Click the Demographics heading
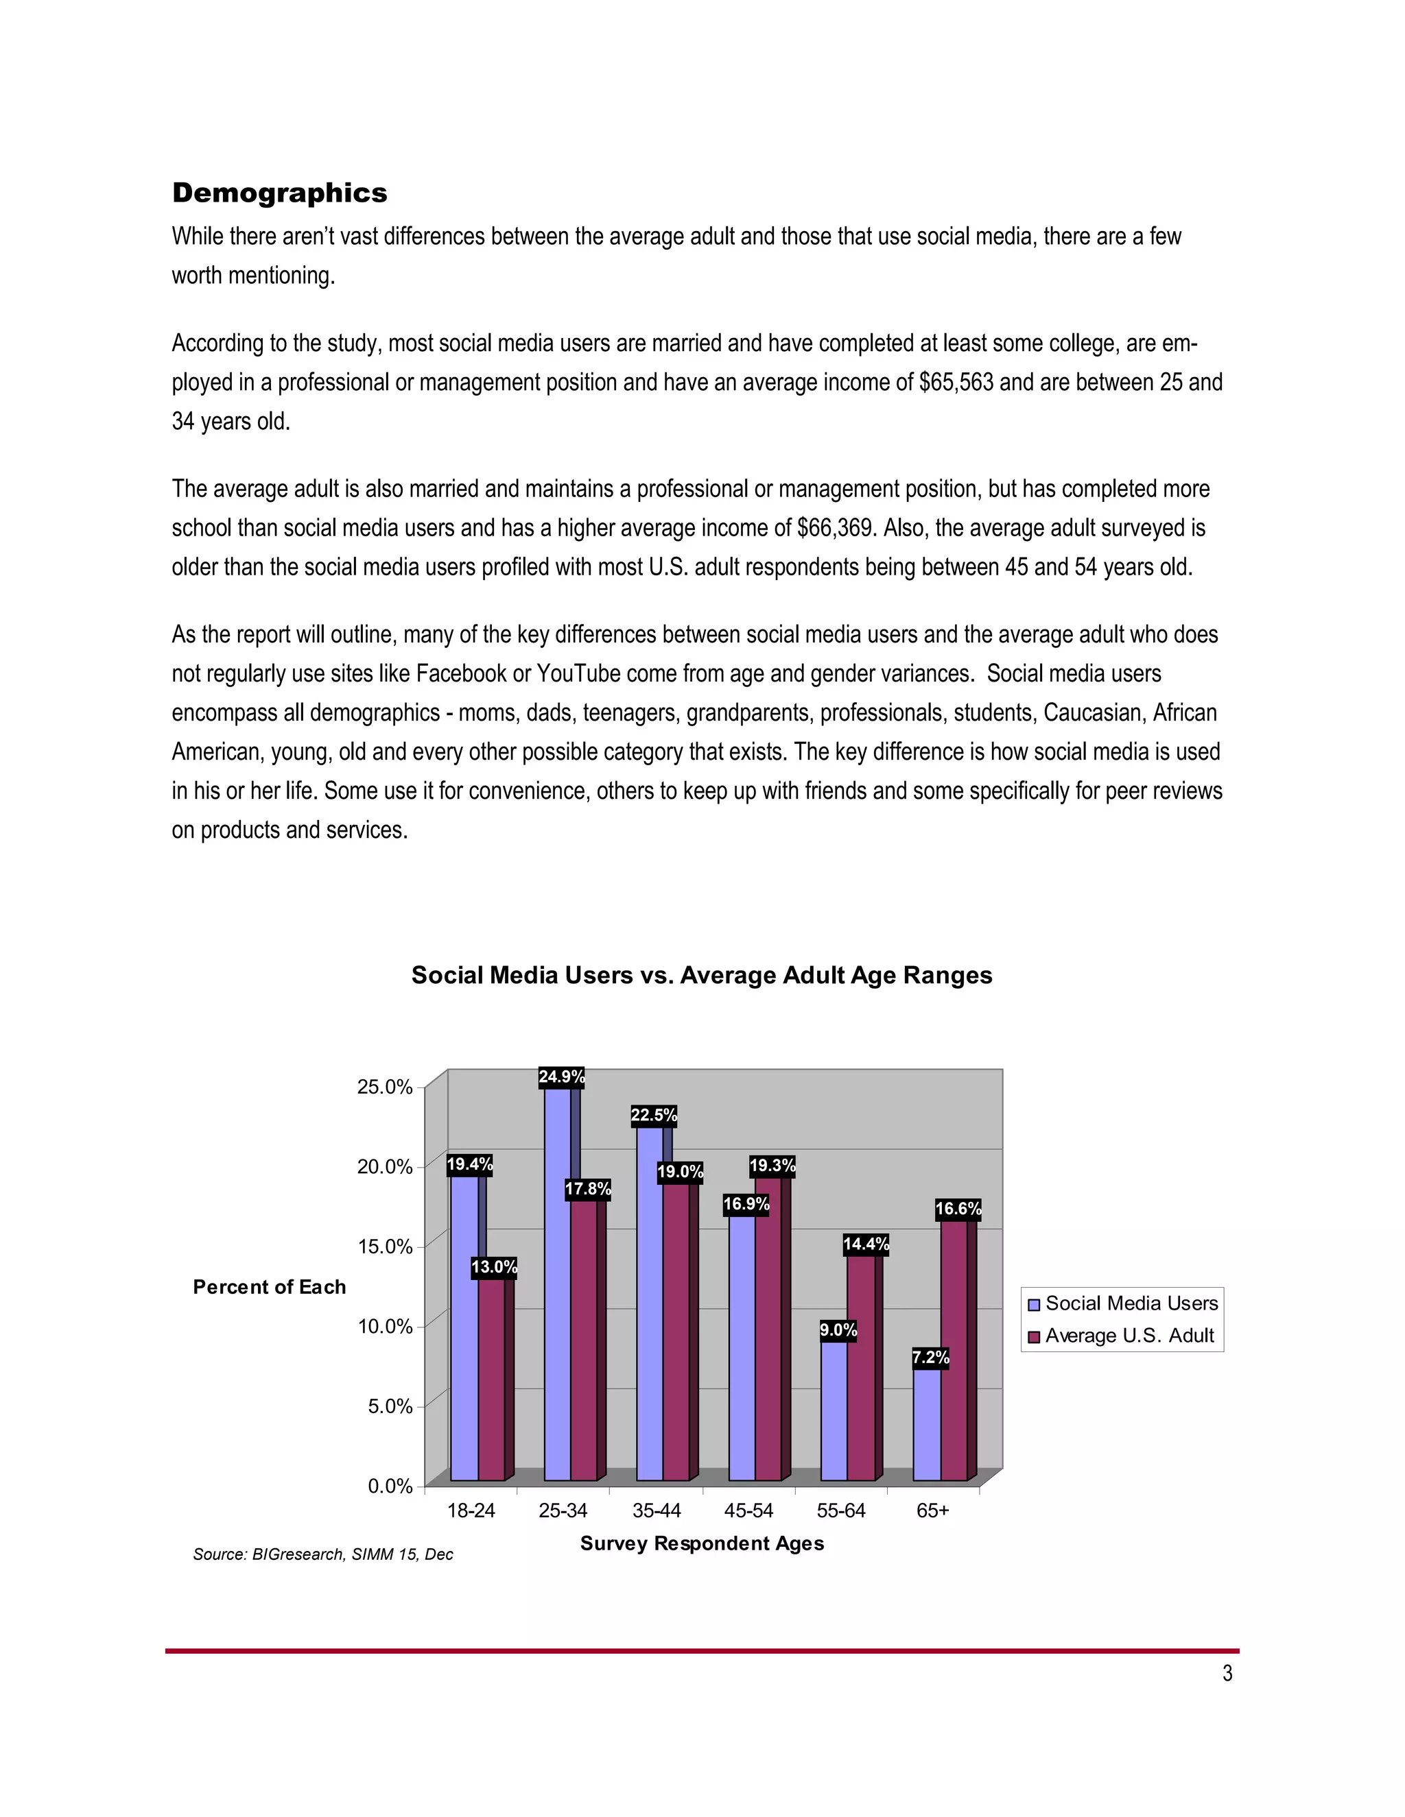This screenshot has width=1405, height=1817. [280, 193]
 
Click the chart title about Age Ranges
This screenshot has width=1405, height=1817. [702, 975]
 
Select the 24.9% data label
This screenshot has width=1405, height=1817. [562, 1077]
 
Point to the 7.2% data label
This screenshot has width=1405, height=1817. [930, 1358]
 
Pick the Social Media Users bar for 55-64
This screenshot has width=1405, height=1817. [834, 1415]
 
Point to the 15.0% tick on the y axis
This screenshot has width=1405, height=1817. [385, 1247]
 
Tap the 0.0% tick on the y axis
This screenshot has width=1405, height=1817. [390, 1486]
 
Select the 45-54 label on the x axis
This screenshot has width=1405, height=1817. [748, 1511]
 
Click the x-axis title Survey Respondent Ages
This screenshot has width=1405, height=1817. [702, 1543]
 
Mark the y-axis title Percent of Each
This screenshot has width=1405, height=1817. [269, 1287]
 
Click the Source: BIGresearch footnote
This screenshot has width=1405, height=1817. [323, 1554]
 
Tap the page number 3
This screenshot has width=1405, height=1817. [1227, 1673]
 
